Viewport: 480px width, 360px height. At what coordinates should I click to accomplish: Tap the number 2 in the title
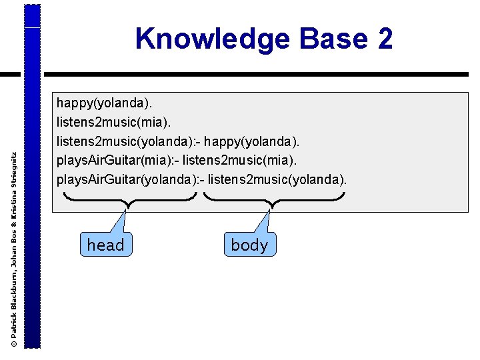point(385,39)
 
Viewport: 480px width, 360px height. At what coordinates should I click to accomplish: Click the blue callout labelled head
point(105,245)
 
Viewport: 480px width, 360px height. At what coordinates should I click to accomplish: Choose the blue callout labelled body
point(249,245)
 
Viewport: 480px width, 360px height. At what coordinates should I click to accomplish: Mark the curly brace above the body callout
point(273,199)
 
